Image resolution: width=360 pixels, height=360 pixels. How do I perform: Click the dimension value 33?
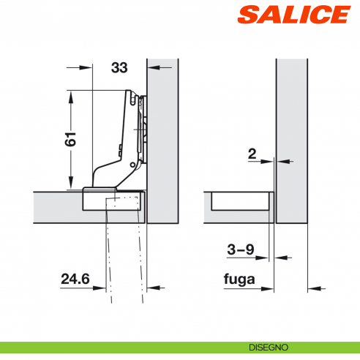[119, 68]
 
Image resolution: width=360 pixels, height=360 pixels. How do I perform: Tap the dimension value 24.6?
[75, 279]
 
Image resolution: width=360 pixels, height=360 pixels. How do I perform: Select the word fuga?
[239, 279]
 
